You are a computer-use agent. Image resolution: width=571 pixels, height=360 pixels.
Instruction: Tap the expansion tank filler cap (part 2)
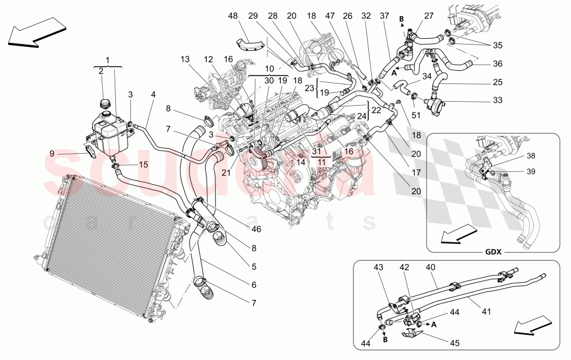pos(104,104)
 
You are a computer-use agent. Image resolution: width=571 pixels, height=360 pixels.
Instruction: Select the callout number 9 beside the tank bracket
pos(52,153)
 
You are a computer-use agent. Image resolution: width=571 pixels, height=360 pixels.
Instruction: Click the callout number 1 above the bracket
pos(107,59)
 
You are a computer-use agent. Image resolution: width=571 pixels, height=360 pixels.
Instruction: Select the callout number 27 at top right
pos(428,15)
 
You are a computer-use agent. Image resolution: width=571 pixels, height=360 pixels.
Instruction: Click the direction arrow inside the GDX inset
pos(460,233)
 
